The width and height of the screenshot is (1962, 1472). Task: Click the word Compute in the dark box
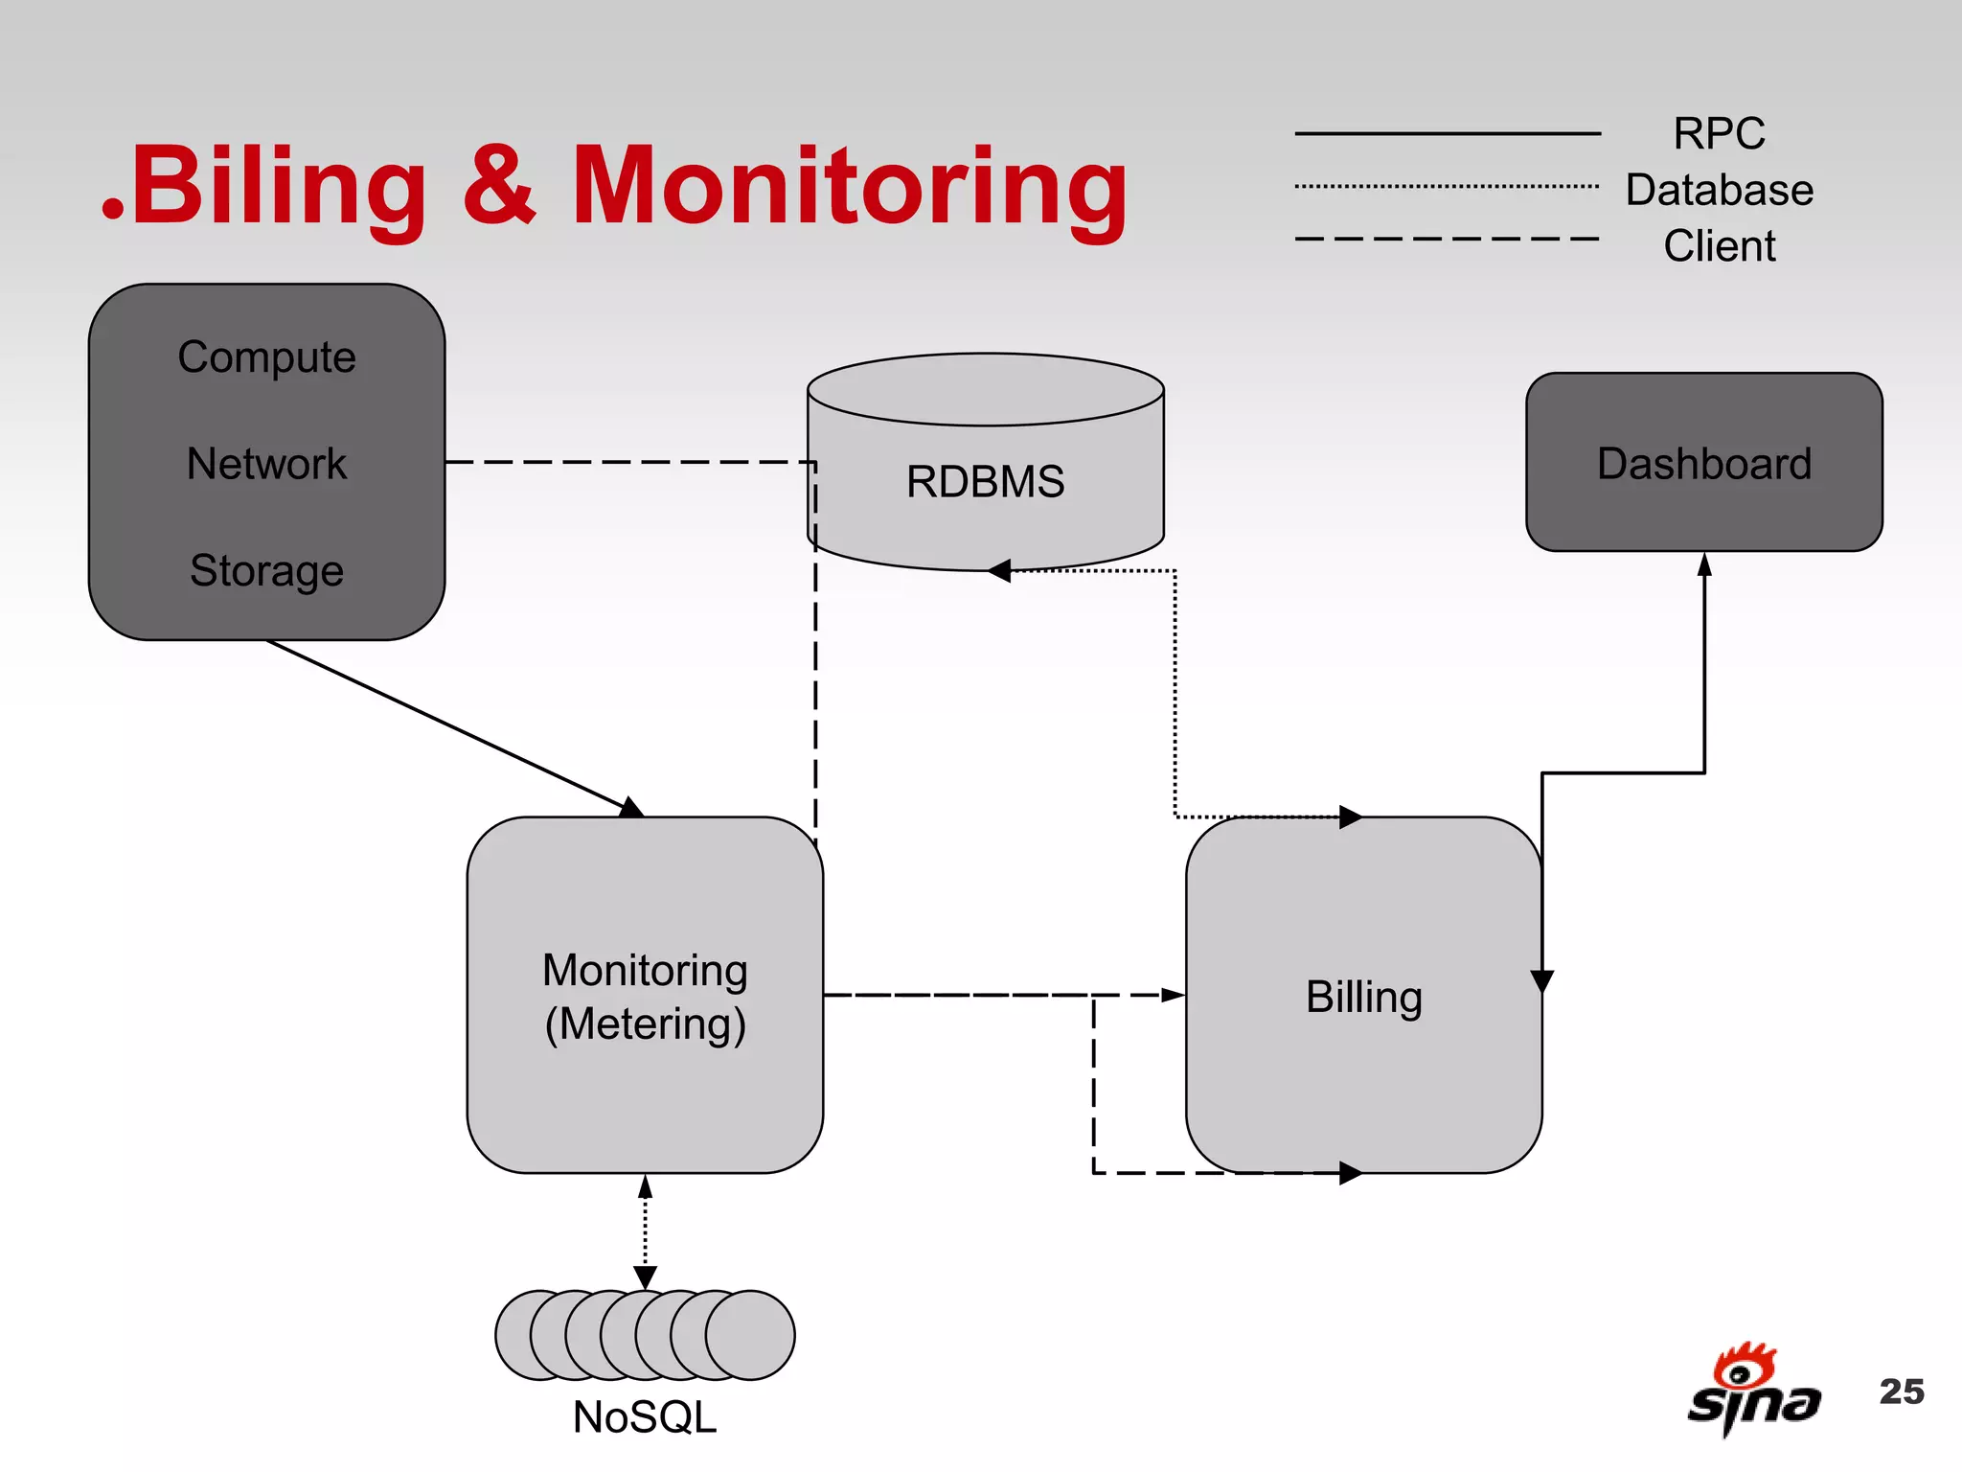pyautogui.click(x=266, y=357)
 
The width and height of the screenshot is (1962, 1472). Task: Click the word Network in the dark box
pyautogui.click(x=266, y=464)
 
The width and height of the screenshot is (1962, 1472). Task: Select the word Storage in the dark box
pyautogui.click(x=266, y=570)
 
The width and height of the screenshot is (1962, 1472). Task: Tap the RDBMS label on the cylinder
pyautogui.click(x=985, y=481)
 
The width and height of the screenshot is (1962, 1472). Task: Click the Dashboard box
pyautogui.click(x=1703, y=463)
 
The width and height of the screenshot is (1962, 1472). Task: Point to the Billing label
pyautogui.click(x=1363, y=997)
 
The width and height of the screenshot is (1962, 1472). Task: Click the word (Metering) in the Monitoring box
pyautogui.click(x=645, y=1024)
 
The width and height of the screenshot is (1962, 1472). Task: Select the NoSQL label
pyautogui.click(x=644, y=1417)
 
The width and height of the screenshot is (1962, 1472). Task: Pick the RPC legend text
pyautogui.click(x=1719, y=133)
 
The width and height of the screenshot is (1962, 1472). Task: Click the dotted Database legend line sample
pyautogui.click(x=1447, y=186)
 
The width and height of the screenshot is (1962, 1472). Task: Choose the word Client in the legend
pyautogui.click(x=1719, y=246)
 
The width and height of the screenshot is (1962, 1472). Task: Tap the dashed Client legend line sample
pyautogui.click(x=1447, y=239)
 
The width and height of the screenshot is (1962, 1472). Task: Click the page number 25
pyautogui.click(x=1901, y=1391)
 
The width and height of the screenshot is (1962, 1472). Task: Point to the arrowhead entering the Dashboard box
pyautogui.click(x=1704, y=564)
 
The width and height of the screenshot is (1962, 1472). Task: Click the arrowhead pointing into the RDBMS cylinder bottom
pyautogui.click(x=999, y=571)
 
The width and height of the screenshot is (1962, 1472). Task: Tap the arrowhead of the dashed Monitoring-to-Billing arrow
pyautogui.click(x=1173, y=995)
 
